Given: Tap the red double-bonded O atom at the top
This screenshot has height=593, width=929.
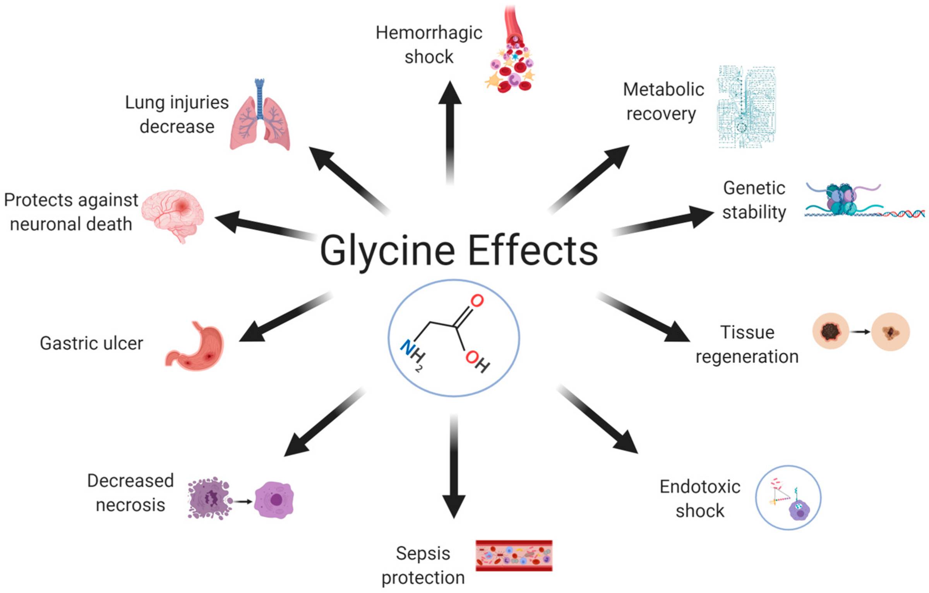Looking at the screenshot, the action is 477,301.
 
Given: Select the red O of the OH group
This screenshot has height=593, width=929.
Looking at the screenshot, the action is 473,357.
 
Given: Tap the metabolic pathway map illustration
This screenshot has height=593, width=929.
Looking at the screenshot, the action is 746,107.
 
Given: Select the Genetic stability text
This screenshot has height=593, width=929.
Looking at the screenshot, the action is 754,200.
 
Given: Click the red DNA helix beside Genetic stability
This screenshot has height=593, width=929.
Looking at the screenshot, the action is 904,213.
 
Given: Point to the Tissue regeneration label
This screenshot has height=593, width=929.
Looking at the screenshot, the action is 747,344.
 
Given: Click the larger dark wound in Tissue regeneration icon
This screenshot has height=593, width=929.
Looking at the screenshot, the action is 830,332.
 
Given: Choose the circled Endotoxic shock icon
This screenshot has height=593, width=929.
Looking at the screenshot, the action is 788,497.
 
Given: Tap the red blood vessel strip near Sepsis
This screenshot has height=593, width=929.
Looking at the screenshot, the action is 514,555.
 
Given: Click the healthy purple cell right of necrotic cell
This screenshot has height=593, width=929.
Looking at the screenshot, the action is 274,500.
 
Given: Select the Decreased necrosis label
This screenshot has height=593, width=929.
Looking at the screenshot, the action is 130,493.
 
